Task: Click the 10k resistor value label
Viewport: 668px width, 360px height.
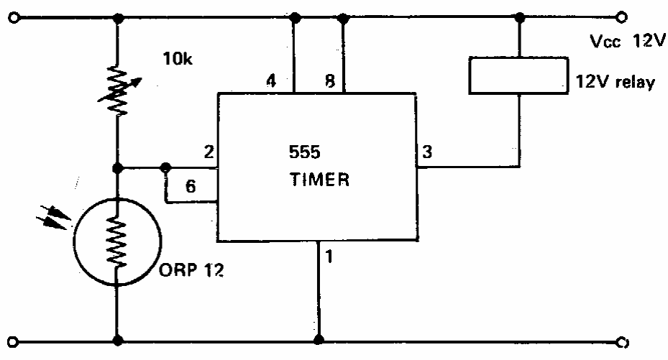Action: [x=178, y=59]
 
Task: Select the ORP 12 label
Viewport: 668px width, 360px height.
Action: [x=191, y=269]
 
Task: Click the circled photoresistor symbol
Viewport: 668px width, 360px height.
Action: [x=118, y=241]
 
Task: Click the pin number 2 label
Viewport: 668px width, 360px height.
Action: [x=209, y=152]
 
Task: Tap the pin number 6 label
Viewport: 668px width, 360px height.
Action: [x=191, y=186]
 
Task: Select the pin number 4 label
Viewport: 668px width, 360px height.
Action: [x=271, y=80]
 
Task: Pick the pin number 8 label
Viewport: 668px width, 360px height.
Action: [x=330, y=81]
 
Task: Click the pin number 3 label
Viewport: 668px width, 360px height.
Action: [x=427, y=152]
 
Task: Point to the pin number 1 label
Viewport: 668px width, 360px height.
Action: [x=329, y=257]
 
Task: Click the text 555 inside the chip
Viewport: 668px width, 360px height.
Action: [x=305, y=152]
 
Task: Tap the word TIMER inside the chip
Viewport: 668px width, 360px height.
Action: [x=319, y=180]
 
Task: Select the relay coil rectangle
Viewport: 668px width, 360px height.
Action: [x=518, y=75]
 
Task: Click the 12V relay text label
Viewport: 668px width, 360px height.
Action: [x=616, y=81]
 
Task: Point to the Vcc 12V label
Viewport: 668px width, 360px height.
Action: [x=628, y=41]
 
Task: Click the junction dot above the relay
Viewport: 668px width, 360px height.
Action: [x=519, y=18]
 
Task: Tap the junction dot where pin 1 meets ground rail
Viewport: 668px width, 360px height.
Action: [x=319, y=340]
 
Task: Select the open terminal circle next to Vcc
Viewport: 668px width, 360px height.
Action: [x=622, y=17]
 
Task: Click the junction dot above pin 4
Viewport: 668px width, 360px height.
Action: [x=294, y=18]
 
